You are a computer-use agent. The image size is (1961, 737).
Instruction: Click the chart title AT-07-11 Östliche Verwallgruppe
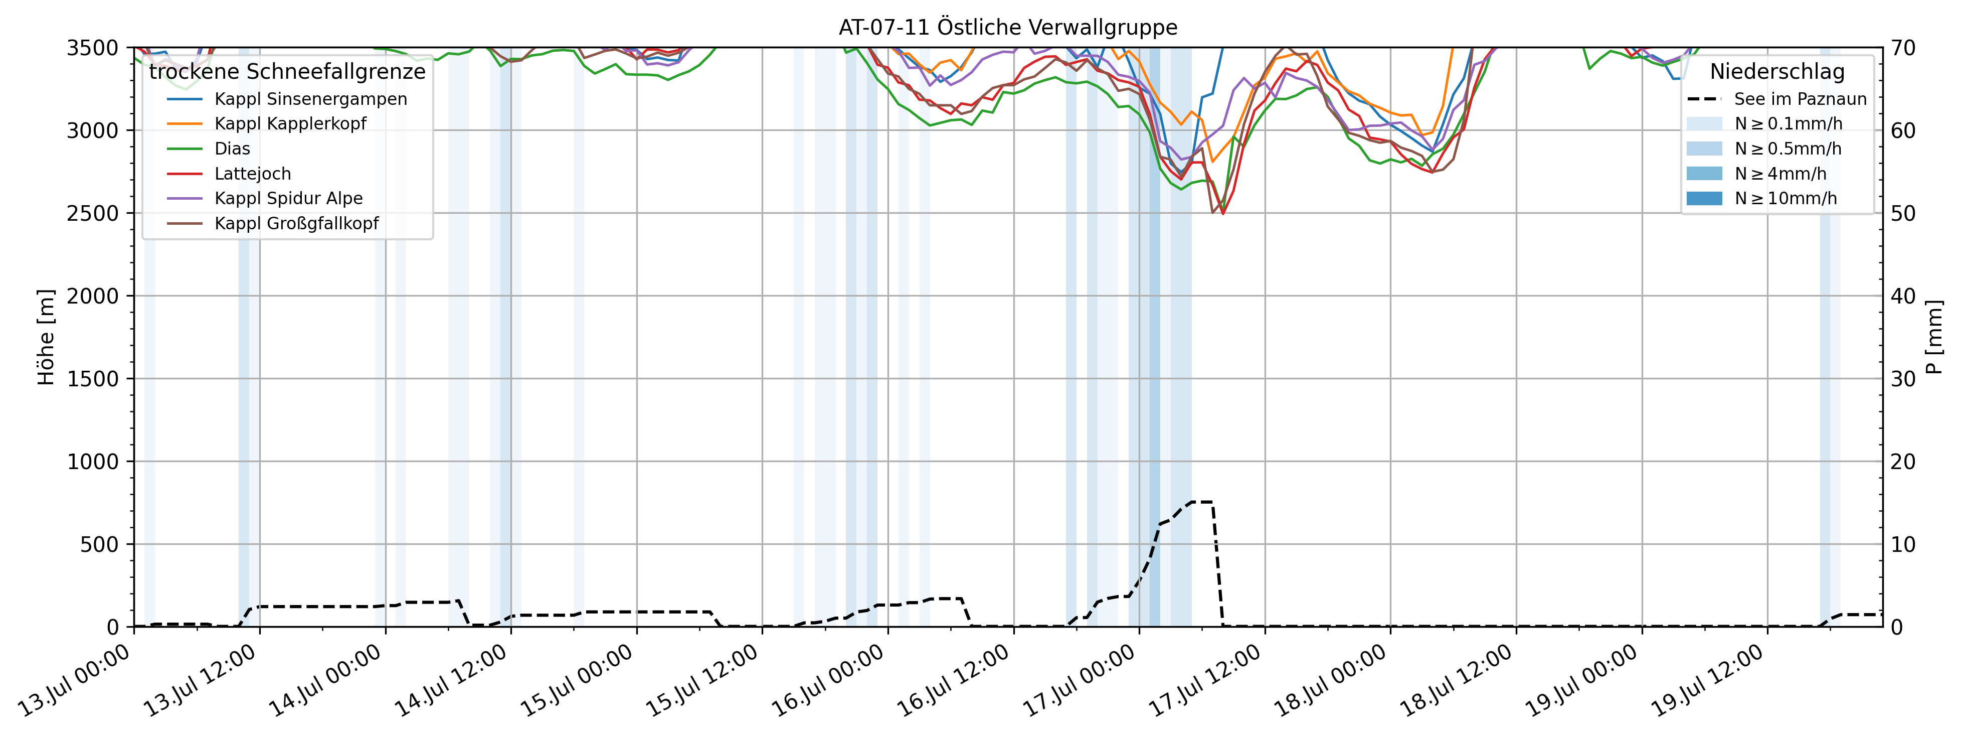[1008, 28]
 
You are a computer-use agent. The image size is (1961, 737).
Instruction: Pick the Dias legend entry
[232, 149]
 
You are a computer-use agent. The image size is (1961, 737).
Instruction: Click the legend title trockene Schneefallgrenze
[287, 72]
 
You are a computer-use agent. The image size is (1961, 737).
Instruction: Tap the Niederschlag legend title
[1777, 72]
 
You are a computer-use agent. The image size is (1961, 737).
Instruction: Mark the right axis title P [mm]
[1933, 337]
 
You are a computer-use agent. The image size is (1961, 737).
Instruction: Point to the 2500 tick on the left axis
[93, 213]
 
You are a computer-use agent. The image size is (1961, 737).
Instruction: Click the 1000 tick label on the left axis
[93, 462]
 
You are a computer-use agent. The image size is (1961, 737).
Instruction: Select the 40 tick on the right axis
[1903, 296]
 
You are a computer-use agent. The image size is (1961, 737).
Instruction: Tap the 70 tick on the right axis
[1903, 48]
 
